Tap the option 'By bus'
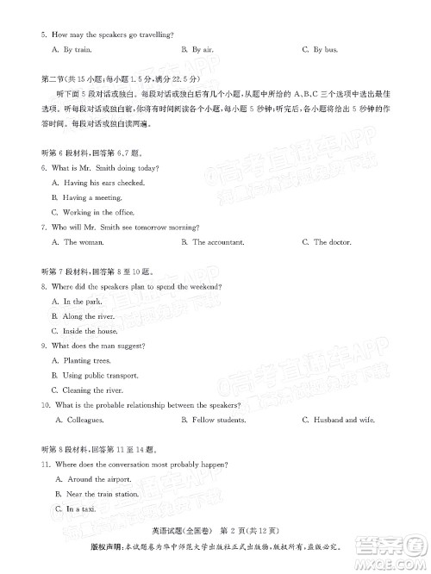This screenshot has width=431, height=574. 324,51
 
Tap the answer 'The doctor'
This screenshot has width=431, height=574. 332,242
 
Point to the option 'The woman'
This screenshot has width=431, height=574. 83,242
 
